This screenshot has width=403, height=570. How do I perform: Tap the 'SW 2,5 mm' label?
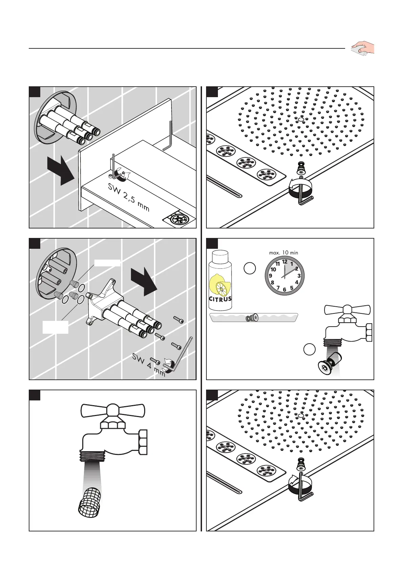pyautogui.click(x=129, y=197)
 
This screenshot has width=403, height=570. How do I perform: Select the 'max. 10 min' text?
pyautogui.click(x=284, y=253)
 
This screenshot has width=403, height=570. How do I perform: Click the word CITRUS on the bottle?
pyautogui.click(x=220, y=299)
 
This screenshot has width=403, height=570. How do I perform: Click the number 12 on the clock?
pyautogui.click(x=285, y=262)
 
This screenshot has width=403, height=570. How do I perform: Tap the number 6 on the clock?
pyautogui.click(x=285, y=289)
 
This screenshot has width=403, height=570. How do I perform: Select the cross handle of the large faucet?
pyautogui.click(x=113, y=410)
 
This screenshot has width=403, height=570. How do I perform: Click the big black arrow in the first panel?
pyautogui.click(x=61, y=172)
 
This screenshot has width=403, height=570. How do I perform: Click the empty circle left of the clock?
pyautogui.click(x=250, y=268)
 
